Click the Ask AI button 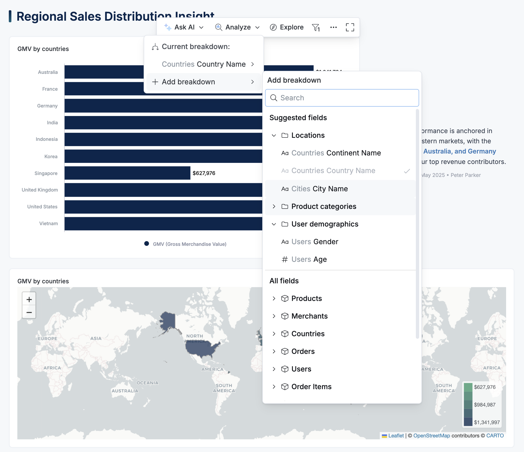(184, 27)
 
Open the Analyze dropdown (238, 27)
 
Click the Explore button (287, 27)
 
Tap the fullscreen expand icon (350, 27)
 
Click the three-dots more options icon (333, 27)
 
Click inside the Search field (342, 98)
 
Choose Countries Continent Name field (336, 153)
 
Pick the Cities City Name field (319, 189)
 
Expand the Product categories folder (323, 206)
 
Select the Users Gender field (315, 242)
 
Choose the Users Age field (309, 259)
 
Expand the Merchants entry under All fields (309, 316)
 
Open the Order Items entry (311, 387)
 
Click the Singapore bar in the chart (127, 173)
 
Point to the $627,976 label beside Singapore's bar (204, 173)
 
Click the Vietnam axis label (48, 224)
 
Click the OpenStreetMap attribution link (432, 436)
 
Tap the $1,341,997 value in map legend (487, 423)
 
